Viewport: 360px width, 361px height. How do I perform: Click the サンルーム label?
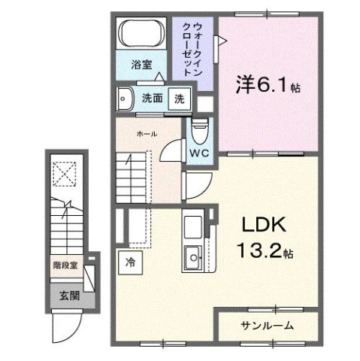click(x=266, y=326)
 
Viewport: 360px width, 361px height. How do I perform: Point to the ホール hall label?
click(x=147, y=134)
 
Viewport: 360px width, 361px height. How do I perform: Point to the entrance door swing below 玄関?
click(x=65, y=322)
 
